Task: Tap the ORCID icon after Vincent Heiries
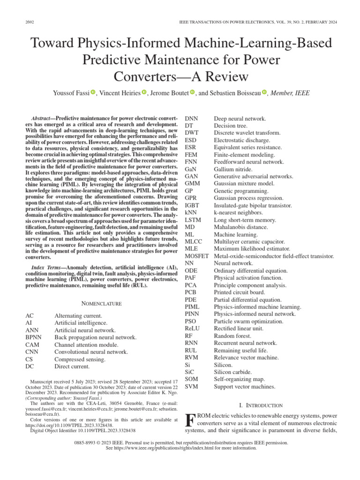(144, 93)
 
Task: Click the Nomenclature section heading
(102, 303)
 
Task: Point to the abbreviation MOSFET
(197, 256)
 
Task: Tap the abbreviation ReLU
(192, 328)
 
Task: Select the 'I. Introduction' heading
(261, 405)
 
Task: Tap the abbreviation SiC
(190, 372)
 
